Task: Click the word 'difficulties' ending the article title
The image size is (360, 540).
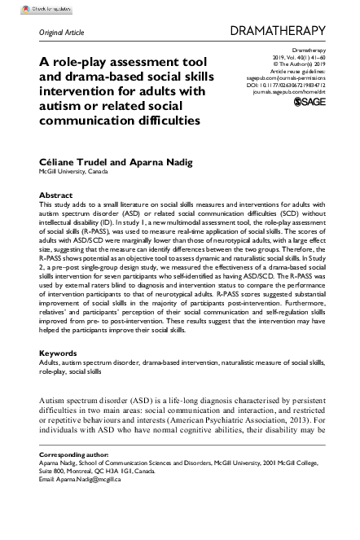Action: tap(165, 121)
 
